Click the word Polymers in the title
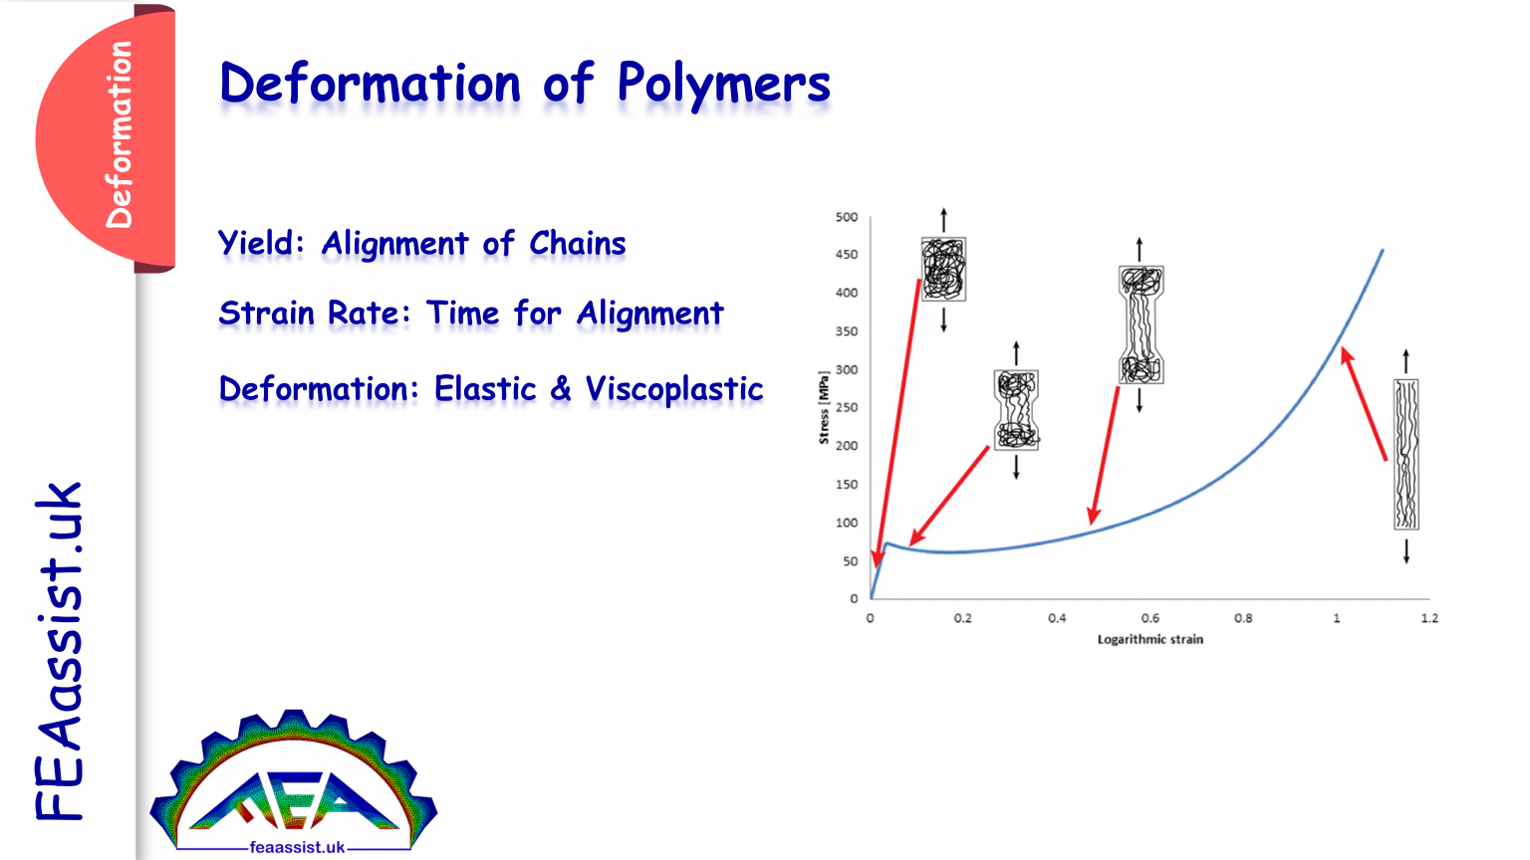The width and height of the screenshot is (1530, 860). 723,85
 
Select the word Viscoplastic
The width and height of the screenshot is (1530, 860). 674,389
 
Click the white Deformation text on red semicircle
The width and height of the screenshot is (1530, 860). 119,134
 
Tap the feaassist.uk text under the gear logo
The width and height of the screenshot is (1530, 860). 297,847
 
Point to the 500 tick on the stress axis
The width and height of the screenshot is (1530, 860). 847,217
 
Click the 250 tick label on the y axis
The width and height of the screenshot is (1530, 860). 847,407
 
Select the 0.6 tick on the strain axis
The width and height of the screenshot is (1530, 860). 1150,618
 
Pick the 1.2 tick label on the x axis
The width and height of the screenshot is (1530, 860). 1429,618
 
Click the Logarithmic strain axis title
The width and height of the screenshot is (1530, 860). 1150,640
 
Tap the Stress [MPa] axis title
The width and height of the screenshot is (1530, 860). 824,407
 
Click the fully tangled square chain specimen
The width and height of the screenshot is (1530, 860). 943,269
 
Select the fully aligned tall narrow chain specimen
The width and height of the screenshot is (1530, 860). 1406,455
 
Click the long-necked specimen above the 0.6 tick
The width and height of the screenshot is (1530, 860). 1141,324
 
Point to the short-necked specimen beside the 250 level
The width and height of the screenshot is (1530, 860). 1016,410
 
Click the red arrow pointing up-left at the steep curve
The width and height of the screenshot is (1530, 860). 1364,403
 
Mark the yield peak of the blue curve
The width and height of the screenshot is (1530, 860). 886,544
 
